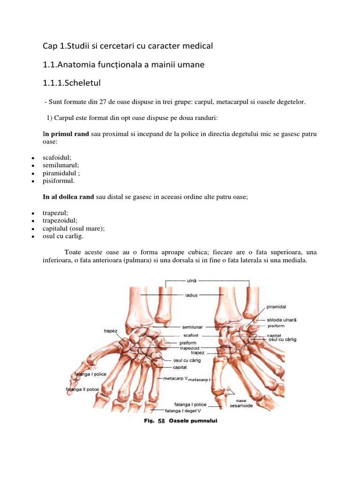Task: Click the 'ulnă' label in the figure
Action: pos(192,281)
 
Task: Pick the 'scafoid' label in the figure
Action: pos(191,335)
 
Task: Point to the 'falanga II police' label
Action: pos(82,389)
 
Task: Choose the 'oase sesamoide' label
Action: pos(241,403)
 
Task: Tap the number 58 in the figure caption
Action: pos(162,421)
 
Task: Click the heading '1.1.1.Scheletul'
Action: pos(71,83)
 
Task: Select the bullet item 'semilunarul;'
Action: pos(61,165)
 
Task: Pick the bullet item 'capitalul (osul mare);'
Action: pos(74,229)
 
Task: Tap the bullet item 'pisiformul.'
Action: pos(59,180)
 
